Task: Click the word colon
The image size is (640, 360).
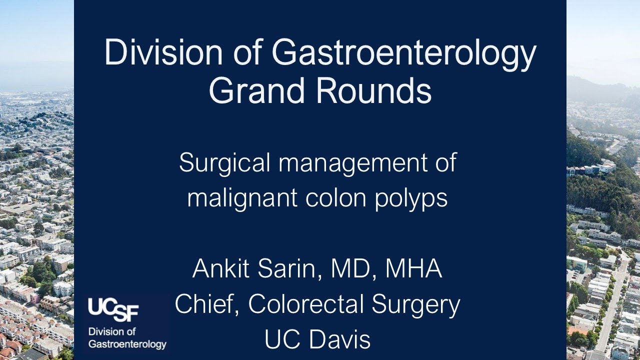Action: (333, 197)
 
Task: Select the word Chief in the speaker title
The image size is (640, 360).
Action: (205, 304)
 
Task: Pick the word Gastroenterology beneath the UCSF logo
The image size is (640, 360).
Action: (127, 345)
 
